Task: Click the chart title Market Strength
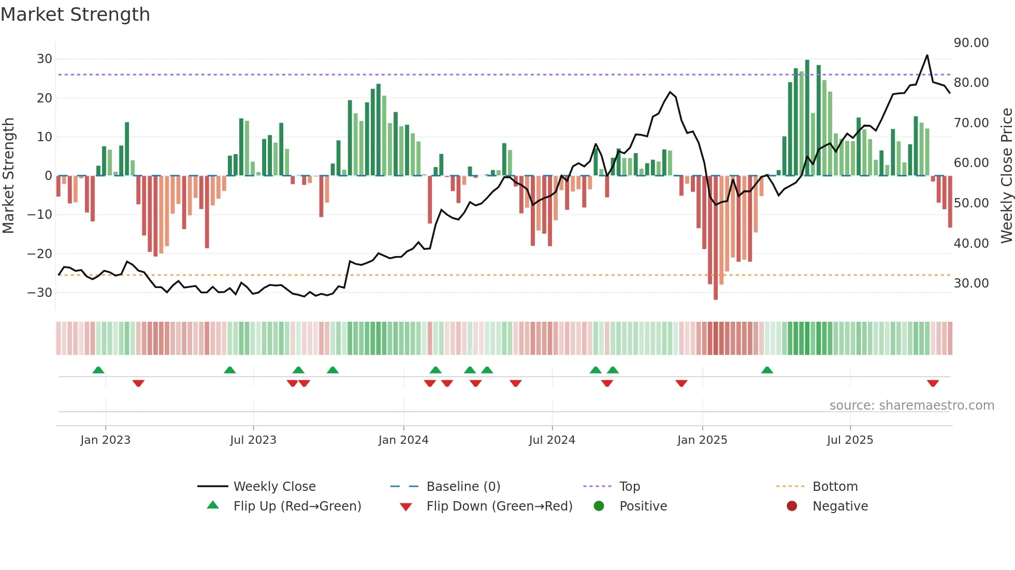tap(75, 14)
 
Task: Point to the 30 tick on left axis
tap(45, 59)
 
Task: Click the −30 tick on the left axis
tap(40, 293)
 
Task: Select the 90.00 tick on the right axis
tap(971, 43)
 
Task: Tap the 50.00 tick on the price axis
tap(971, 203)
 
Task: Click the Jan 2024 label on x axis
tap(403, 440)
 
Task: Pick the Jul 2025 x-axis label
tap(850, 440)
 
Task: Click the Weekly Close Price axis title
tap(1006, 175)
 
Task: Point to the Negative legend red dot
tap(792, 506)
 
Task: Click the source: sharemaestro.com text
tap(911, 406)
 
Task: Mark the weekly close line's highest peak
tap(927, 55)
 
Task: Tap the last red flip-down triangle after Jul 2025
tap(933, 383)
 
